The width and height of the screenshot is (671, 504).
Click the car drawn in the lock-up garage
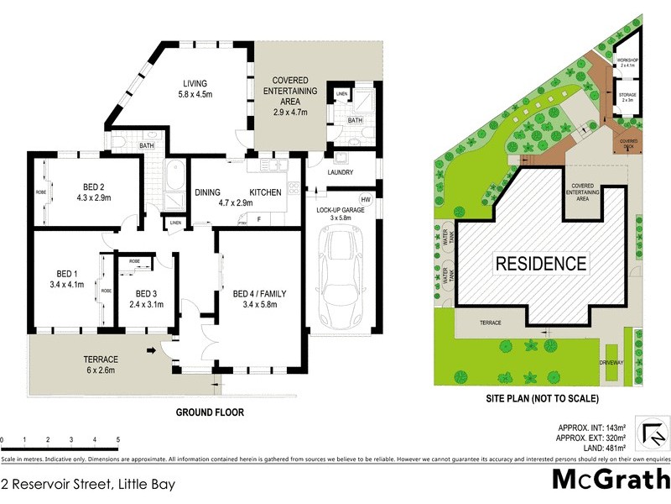pyautogui.click(x=342, y=281)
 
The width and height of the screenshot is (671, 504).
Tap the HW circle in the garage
pyautogui.click(x=365, y=200)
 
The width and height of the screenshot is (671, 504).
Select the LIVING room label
pyautogui.click(x=196, y=83)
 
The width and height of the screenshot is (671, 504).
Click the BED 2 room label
pyautogui.click(x=94, y=186)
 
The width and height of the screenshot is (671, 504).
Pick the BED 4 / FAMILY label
pyautogui.click(x=259, y=294)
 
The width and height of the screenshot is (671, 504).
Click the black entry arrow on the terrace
pyautogui.click(x=151, y=350)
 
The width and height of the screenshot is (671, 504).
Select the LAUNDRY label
pyautogui.click(x=341, y=173)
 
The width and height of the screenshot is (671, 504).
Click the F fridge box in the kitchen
pyautogui.click(x=258, y=219)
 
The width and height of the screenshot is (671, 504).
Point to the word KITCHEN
pyautogui.click(x=265, y=192)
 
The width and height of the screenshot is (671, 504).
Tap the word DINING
pyautogui.click(x=207, y=192)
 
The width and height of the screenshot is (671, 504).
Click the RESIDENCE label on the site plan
pyautogui.click(x=541, y=263)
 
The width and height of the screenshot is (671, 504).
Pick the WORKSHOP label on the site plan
pyautogui.click(x=628, y=60)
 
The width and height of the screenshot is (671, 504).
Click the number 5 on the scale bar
pyautogui.click(x=117, y=440)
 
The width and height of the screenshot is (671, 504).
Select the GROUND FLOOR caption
pyautogui.click(x=209, y=412)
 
